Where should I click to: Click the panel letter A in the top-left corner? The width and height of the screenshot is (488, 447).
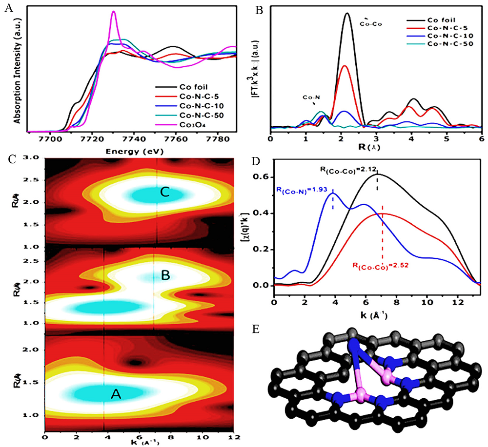(x=6, y=7)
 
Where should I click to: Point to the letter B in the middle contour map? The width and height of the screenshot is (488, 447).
(x=165, y=276)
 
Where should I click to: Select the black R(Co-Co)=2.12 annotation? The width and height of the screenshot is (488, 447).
(x=348, y=170)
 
